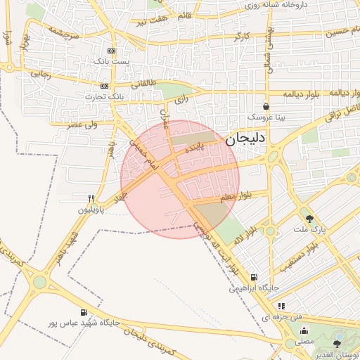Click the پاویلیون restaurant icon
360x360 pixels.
click(x=91, y=198)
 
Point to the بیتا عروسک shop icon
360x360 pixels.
click(x=266, y=106)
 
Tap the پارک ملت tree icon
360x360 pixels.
click(x=309, y=219)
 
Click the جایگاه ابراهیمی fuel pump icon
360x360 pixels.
click(x=254, y=277)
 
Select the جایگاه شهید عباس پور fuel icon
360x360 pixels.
click(x=84, y=312)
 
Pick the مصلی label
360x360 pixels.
click(x=304, y=340)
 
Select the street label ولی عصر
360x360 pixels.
click(x=82, y=124)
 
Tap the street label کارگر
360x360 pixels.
click(x=240, y=34)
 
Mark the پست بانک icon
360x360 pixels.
click(x=111, y=51)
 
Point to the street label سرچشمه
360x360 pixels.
click(x=63, y=31)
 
